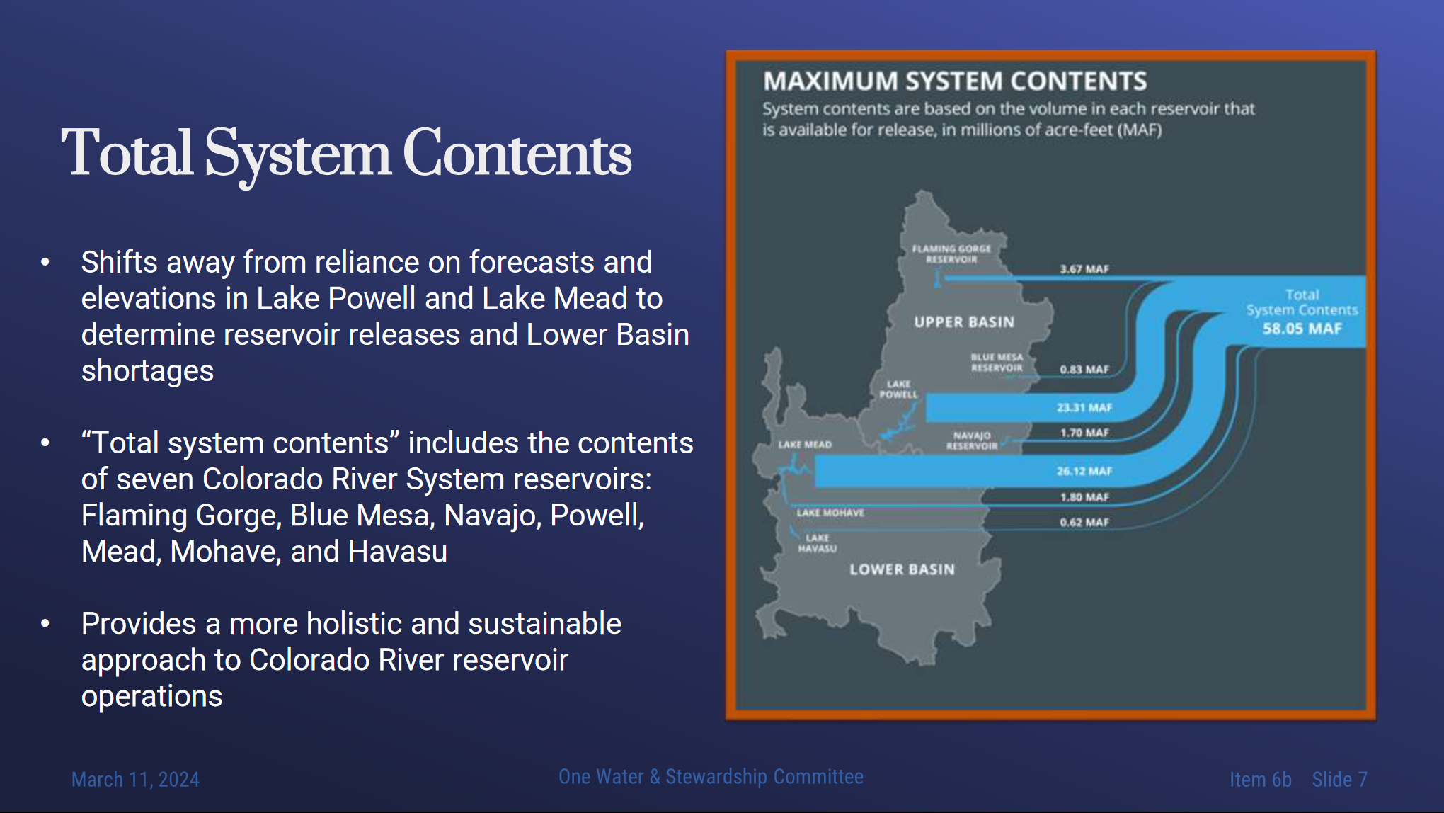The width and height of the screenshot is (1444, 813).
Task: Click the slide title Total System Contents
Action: point(346,153)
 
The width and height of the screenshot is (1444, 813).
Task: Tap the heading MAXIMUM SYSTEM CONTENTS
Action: point(955,81)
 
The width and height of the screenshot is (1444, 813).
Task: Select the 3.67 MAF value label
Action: point(1084,269)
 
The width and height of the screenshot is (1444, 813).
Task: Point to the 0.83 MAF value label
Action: point(1084,370)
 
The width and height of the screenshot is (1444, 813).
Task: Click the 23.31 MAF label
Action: point(1084,408)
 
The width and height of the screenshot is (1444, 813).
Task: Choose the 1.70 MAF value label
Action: point(1084,433)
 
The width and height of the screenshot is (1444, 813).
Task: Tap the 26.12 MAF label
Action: point(1084,471)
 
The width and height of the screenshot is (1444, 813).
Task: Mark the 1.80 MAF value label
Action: point(1084,497)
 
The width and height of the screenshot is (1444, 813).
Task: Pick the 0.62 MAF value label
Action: point(1084,523)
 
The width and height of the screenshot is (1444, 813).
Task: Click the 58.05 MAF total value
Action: point(1302,329)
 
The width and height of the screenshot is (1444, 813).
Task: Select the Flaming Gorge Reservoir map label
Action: point(951,254)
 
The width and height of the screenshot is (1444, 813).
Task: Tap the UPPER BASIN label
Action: point(964,322)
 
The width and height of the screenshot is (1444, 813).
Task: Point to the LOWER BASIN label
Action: point(902,569)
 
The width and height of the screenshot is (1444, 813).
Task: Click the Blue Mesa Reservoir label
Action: point(997,363)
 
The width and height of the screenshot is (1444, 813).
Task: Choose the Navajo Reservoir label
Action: point(972,440)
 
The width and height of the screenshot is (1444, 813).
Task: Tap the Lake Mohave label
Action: point(830,513)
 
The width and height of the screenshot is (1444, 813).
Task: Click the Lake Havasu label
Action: point(818,543)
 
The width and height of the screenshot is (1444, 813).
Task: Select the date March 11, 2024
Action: point(135,780)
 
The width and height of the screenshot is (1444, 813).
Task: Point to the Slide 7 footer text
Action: point(1339,780)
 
